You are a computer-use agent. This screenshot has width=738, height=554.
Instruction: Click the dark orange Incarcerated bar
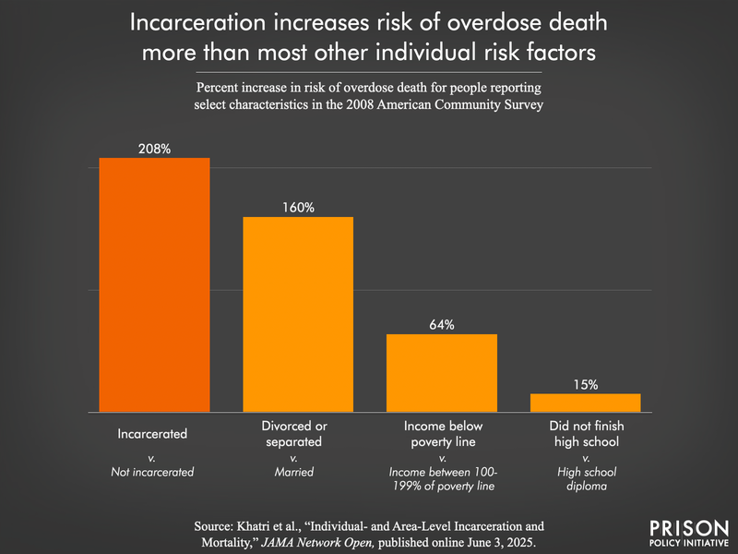(x=154, y=284)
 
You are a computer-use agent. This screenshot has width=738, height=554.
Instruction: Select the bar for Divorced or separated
(x=298, y=314)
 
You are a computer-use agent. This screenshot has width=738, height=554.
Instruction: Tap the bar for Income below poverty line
(x=442, y=372)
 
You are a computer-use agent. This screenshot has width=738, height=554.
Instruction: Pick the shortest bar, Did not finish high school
(x=585, y=402)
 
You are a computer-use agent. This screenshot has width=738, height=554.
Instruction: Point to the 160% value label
(x=298, y=208)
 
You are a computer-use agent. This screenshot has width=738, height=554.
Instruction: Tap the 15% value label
(x=585, y=384)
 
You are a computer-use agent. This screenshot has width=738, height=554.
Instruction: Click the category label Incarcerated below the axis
(x=153, y=432)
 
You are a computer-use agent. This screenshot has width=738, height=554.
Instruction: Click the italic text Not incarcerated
(x=153, y=472)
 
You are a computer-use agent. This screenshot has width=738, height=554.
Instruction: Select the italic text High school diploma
(x=585, y=479)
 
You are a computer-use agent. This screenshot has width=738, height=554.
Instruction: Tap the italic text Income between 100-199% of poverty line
(x=442, y=479)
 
